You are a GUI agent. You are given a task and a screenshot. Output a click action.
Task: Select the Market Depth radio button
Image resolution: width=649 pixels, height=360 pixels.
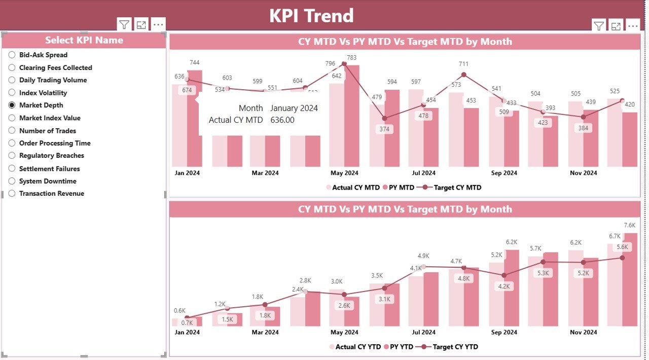[12, 105]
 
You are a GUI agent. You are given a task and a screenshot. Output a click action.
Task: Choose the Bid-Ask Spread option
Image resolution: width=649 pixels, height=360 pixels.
[12, 55]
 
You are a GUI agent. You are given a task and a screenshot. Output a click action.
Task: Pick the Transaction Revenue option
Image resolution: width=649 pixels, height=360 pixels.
[12, 193]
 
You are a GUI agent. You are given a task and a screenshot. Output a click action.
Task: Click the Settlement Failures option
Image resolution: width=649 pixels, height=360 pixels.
[12, 168]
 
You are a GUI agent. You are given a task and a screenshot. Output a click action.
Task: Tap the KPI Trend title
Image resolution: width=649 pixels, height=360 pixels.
[311, 16]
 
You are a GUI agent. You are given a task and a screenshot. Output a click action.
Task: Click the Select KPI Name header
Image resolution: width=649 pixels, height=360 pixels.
[84, 40]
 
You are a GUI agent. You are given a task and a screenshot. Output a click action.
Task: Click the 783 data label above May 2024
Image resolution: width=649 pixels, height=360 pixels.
[351, 57]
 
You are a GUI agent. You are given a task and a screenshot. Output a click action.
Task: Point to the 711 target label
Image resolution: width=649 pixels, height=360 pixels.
[463, 64]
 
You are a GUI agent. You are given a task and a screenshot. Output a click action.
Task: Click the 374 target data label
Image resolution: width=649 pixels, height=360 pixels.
[384, 129]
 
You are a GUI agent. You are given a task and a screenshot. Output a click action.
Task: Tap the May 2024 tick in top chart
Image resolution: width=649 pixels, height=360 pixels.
[344, 173]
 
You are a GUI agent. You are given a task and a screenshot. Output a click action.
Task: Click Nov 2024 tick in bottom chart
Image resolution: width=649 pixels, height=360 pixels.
[583, 332]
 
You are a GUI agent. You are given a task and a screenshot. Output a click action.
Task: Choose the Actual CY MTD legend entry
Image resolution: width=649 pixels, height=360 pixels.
[353, 188]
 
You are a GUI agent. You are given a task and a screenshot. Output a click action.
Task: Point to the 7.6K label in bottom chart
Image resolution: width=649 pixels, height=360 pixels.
[629, 225]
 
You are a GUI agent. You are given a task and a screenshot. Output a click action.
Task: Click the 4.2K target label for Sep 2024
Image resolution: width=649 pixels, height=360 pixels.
[503, 286]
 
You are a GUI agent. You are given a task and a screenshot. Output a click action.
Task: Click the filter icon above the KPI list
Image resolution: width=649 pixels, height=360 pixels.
[124, 24]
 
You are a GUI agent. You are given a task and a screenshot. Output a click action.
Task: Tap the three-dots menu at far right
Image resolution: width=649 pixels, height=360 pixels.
[632, 26]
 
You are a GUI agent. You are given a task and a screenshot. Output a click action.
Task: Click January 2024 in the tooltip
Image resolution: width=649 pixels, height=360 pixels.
[294, 108]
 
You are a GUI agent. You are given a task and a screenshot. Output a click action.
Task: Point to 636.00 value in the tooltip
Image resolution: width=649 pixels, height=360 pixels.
[282, 120]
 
